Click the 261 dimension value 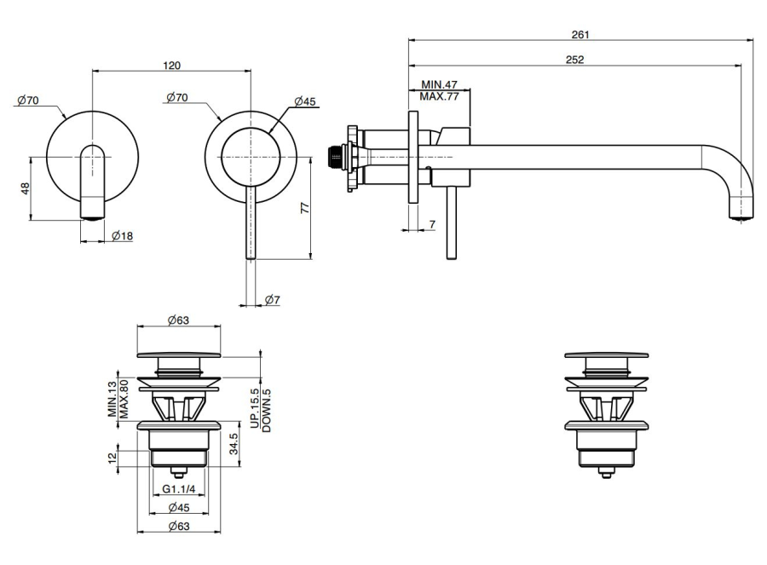pos(580,34)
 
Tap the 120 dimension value pos(171,66)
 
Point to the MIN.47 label pos(440,86)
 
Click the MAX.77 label pos(440,97)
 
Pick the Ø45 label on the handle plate pos(304,101)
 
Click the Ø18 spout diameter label pos(121,236)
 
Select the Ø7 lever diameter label pos(273,299)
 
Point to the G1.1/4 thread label pos(178,489)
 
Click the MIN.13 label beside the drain pos(112,398)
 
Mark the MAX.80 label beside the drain pos(124,398)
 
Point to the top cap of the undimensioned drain pos(605,355)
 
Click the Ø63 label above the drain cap pos(178,320)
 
